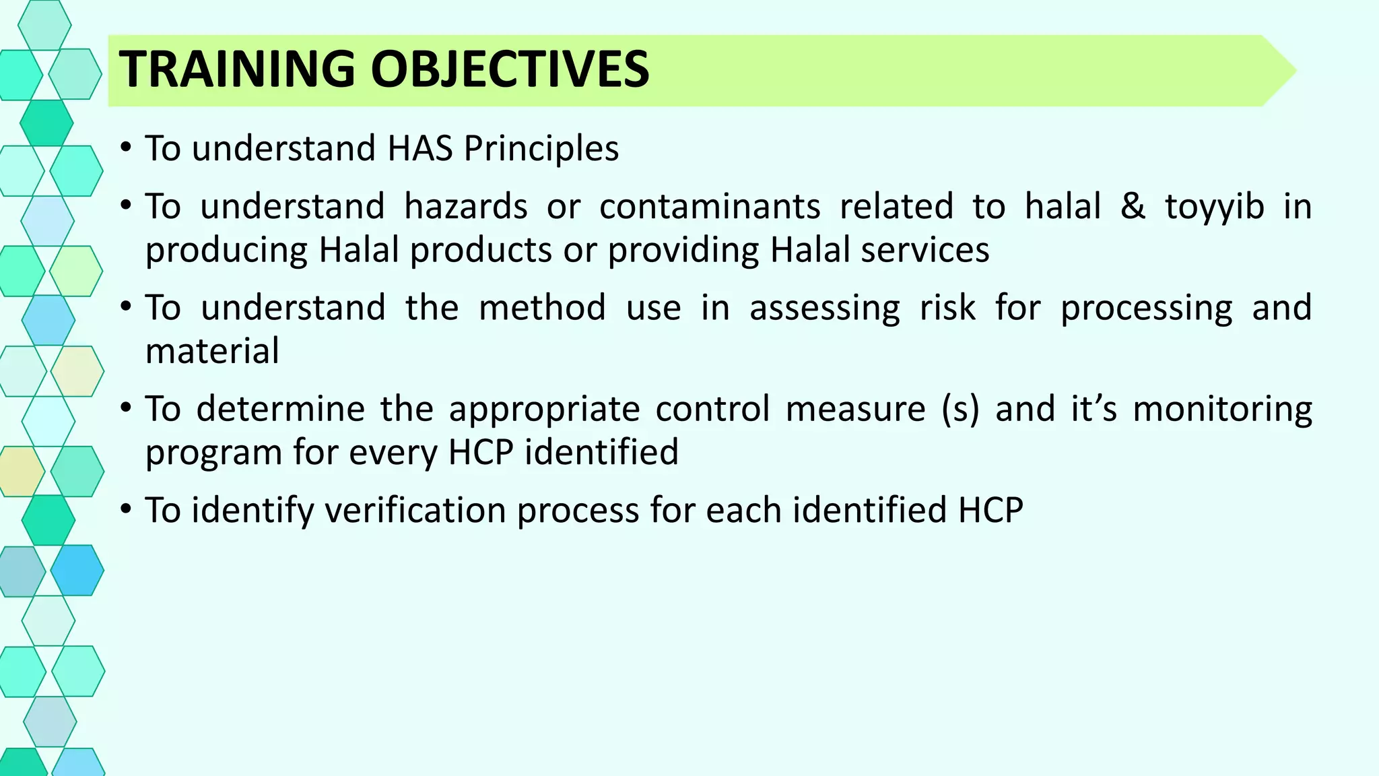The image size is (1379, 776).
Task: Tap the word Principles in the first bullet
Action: (x=541, y=148)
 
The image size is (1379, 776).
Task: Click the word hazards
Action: (x=465, y=206)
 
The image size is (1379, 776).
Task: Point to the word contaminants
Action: (x=710, y=206)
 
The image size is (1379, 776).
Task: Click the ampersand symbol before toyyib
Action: (x=1133, y=206)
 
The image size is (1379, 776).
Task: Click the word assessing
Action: (x=824, y=308)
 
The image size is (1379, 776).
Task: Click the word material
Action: (x=212, y=351)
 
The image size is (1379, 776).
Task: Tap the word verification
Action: (x=414, y=510)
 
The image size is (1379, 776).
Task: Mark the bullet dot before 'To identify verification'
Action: (x=126, y=509)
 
